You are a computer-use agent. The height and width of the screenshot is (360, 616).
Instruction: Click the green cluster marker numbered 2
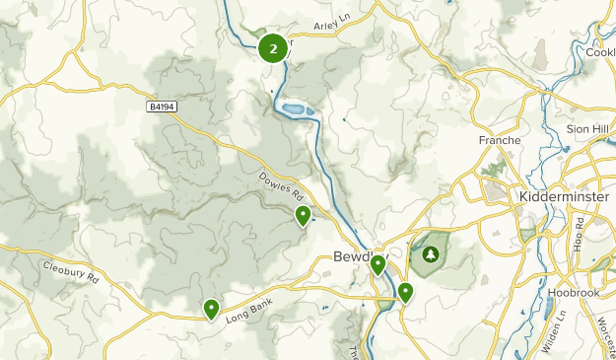[273, 46]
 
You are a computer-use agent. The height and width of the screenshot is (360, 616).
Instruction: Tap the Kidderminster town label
[564, 197]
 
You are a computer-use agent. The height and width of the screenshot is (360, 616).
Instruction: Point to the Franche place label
[499, 141]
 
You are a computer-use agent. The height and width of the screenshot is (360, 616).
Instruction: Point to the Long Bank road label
[246, 310]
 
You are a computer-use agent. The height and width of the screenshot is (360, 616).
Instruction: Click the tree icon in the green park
[430, 253]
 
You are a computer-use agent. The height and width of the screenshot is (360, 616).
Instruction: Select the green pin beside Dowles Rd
[303, 215]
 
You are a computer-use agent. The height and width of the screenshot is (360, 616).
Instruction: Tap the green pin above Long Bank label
[211, 309]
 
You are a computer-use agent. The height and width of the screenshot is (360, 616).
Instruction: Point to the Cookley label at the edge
[600, 52]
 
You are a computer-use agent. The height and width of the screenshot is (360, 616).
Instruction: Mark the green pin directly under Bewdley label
[377, 264]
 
